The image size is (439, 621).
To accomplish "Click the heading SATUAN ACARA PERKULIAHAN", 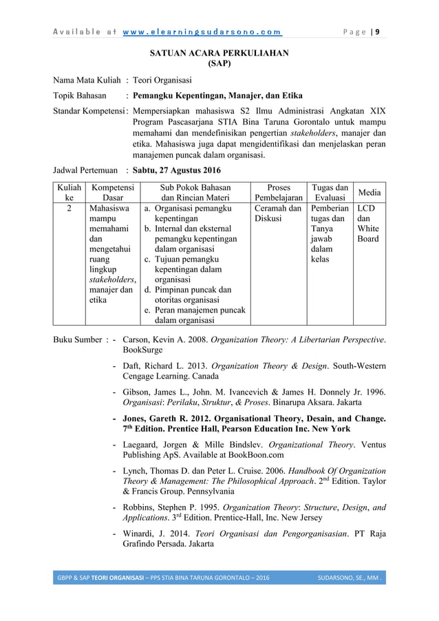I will pos(219,52).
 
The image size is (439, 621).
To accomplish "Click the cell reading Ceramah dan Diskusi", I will pos(278,213).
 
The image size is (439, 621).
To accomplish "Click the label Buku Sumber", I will pos(78,339).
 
